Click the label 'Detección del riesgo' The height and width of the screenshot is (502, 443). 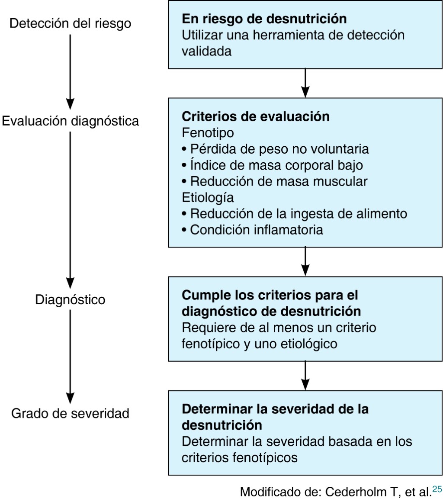[x=70, y=24]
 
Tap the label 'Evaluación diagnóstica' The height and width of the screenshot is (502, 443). [x=70, y=121]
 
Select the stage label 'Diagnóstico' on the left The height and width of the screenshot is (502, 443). [x=70, y=299]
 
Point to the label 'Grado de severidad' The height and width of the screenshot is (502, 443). [x=70, y=413]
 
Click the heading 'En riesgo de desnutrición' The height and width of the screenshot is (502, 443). [x=264, y=19]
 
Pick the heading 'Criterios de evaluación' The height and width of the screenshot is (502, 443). [x=256, y=116]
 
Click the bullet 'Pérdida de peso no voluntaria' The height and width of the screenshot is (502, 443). [x=279, y=149]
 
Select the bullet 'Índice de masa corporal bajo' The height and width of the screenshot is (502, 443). [x=276, y=165]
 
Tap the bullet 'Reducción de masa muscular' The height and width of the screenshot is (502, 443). [x=279, y=181]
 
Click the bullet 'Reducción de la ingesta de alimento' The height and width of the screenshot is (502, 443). [x=298, y=213]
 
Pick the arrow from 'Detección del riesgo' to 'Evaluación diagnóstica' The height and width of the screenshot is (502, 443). [x=70, y=72]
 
